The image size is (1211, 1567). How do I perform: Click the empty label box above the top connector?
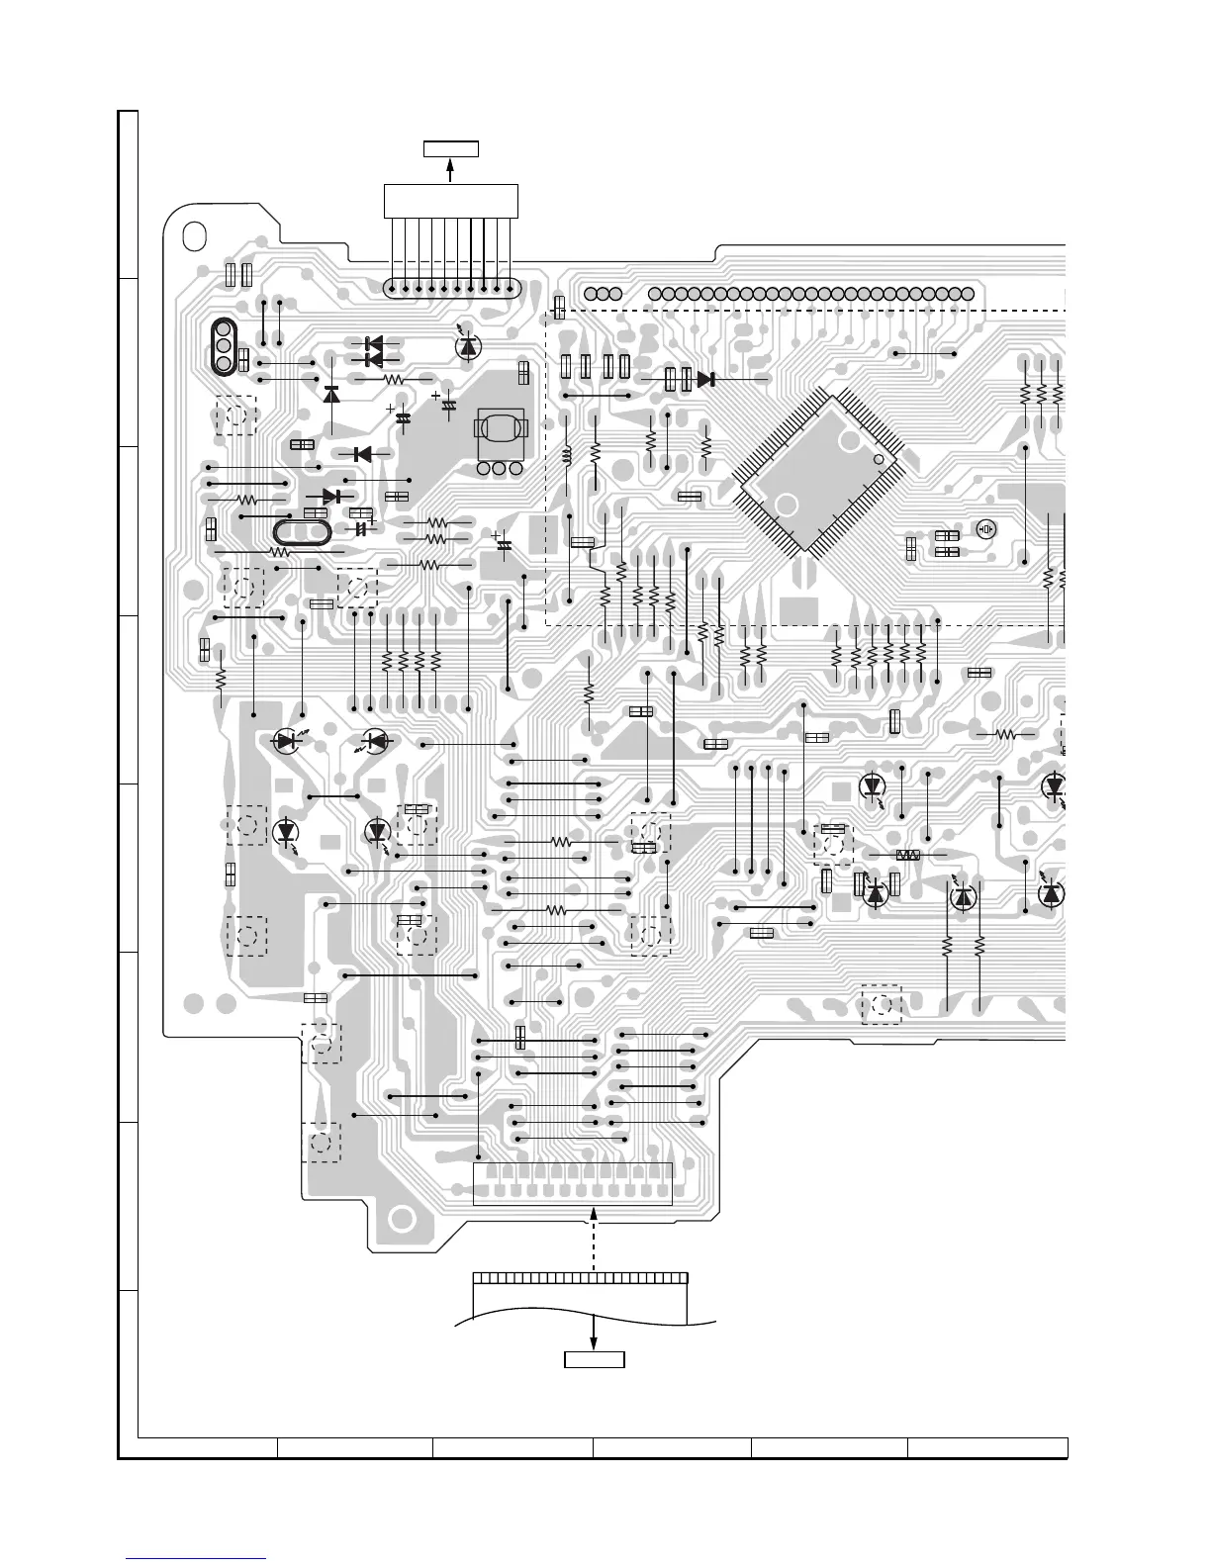coord(451,149)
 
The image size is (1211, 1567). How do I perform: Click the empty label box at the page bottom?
coord(594,1358)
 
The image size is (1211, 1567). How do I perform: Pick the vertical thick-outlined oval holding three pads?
coord(224,346)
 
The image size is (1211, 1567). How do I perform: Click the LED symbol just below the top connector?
coord(468,345)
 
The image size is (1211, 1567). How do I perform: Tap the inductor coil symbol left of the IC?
coord(568,456)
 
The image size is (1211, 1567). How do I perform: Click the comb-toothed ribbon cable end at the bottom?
coord(580,1277)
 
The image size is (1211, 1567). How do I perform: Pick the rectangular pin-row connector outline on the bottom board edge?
coord(573,1184)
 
